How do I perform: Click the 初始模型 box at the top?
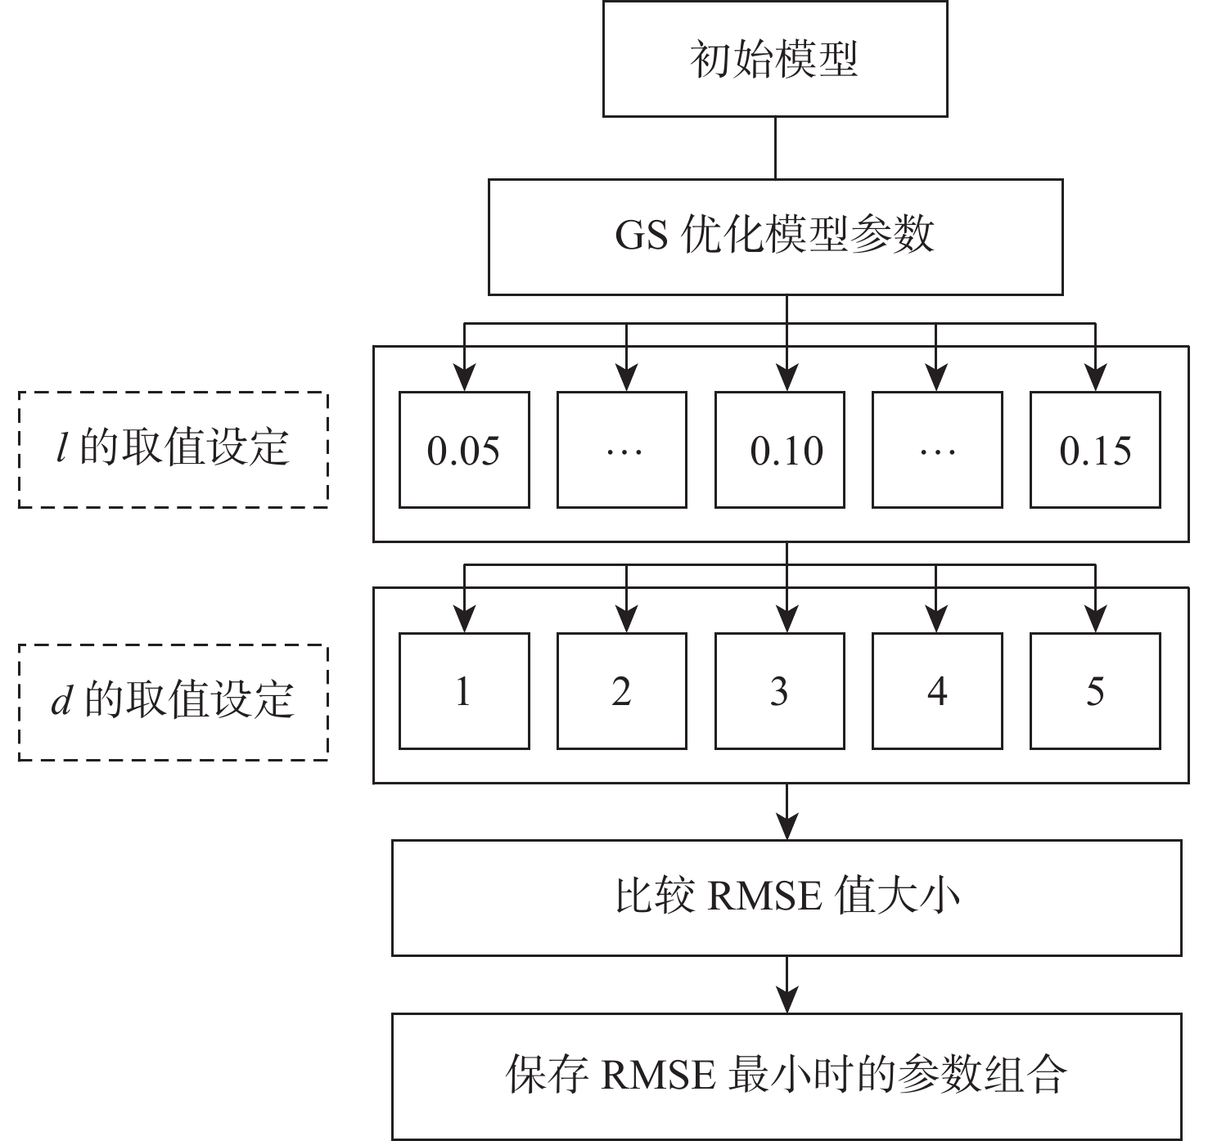774,59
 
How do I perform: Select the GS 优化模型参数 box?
774,236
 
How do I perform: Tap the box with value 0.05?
464,450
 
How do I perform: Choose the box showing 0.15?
1095,450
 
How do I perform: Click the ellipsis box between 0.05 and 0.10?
622,450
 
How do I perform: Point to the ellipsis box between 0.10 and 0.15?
937,450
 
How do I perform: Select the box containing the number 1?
464,691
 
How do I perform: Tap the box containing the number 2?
622,691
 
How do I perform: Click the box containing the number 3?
780,691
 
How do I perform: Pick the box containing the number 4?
937,691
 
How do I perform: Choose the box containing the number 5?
1095,691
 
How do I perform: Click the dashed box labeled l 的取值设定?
174,450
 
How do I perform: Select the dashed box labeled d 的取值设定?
174,703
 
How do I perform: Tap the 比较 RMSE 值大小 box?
787,897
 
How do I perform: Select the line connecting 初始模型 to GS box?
775,148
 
